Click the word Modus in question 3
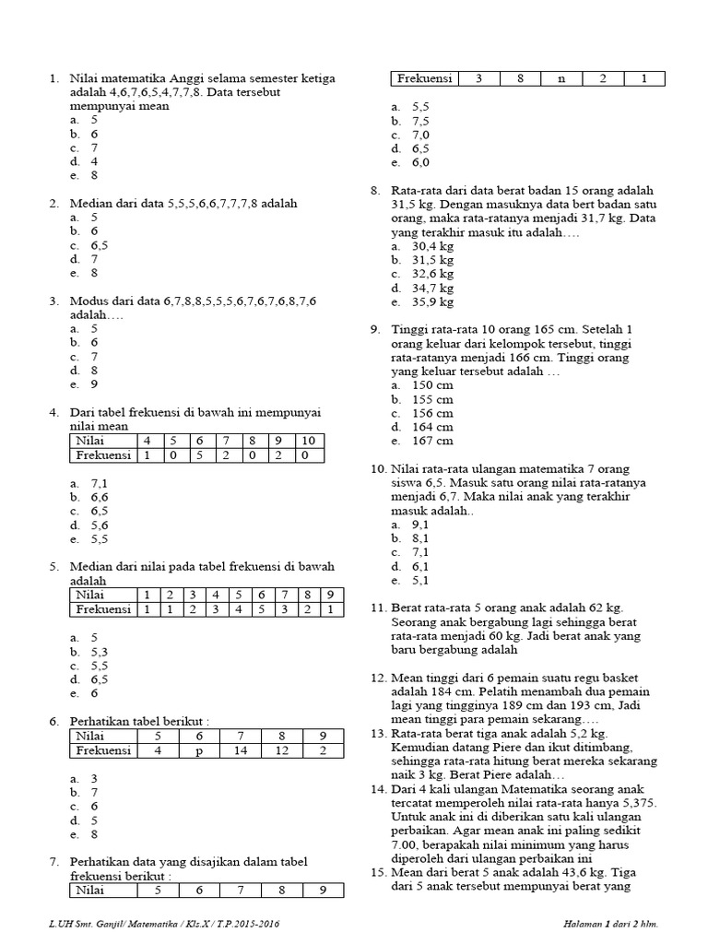88,301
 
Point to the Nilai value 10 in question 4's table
309,441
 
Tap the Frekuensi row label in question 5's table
103,609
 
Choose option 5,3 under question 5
100,650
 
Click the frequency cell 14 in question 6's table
241,750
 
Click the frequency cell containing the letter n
561,79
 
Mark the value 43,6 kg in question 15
576,873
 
